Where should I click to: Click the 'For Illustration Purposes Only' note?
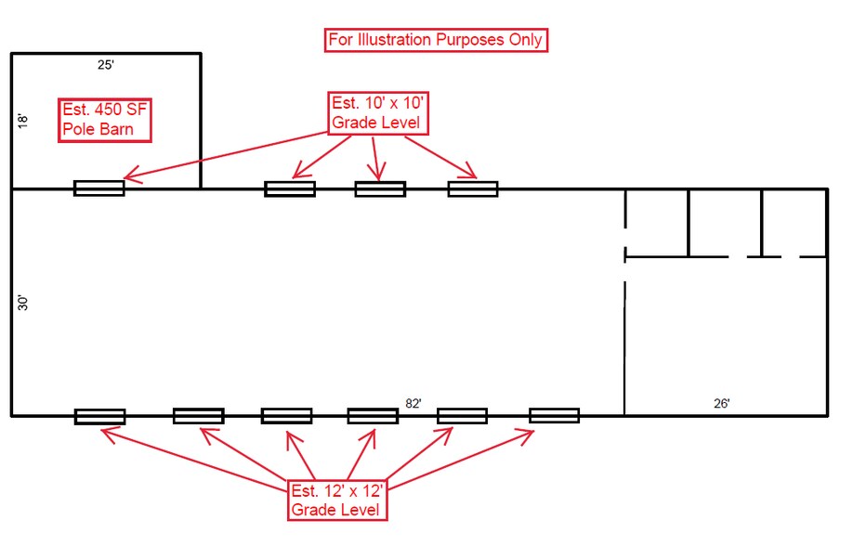click(x=435, y=40)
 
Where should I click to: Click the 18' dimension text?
click(x=23, y=121)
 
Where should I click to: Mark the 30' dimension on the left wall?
click(x=23, y=303)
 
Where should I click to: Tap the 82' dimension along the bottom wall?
click(x=413, y=403)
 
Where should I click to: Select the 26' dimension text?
click(x=722, y=403)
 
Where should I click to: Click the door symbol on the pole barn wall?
click(x=99, y=188)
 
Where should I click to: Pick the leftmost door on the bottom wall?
click(x=100, y=416)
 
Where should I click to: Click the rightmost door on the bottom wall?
click(x=554, y=415)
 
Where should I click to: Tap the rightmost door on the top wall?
click(x=473, y=188)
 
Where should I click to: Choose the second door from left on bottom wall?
click(x=198, y=416)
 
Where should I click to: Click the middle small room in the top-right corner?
click(x=725, y=222)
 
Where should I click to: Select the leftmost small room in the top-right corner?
click(x=656, y=222)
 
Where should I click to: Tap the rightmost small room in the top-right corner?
click(x=794, y=222)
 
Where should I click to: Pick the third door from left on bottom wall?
click(x=286, y=416)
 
